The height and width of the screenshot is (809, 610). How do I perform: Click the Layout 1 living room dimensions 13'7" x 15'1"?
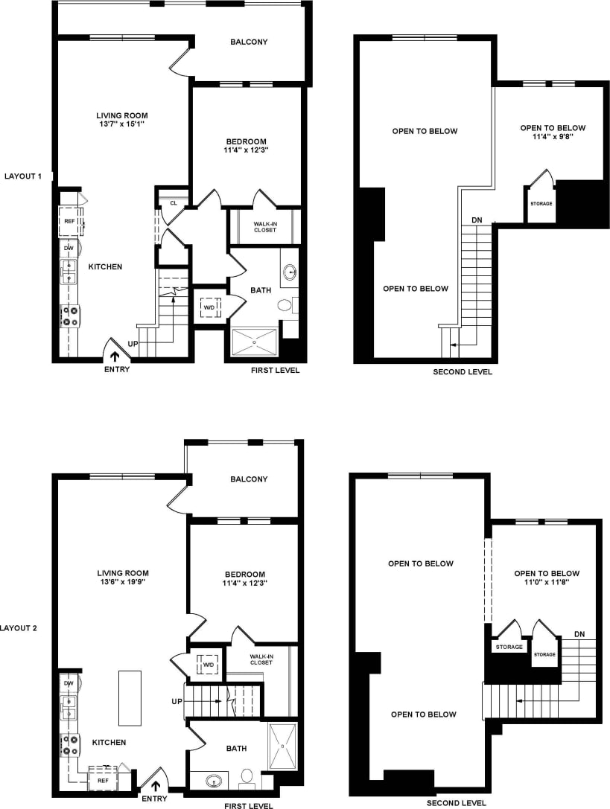(x=121, y=125)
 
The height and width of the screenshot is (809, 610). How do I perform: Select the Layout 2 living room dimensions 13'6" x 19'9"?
(x=123, y=583)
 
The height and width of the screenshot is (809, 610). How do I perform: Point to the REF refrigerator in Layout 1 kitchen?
(x=69, y=221)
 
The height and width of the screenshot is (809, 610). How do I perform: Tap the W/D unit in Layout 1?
(x=208, y=305)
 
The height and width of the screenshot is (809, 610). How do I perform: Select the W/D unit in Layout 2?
(x=208, y=665)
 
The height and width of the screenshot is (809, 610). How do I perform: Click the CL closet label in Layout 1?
(x=173, y=202)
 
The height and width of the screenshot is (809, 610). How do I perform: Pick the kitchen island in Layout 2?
(x=130, y=698)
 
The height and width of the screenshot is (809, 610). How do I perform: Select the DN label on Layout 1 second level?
(x=477, y=220)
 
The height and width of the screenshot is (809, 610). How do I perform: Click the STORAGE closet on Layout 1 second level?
(x=541, y=203)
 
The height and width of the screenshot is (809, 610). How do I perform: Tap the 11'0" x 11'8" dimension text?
(x=547, y=584)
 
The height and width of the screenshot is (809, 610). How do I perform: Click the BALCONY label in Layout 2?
(x=249, y=479)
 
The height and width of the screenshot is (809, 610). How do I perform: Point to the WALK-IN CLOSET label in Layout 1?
(x=264, y=226)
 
